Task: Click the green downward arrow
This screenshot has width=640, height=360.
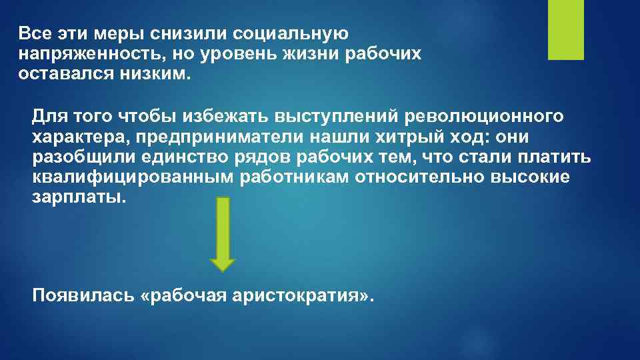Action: tap(223, 234)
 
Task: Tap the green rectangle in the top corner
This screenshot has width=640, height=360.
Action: tap(565, 29)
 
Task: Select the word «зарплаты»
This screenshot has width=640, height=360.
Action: tap(77, 198)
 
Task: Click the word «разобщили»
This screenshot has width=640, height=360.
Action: tap(74, 157)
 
